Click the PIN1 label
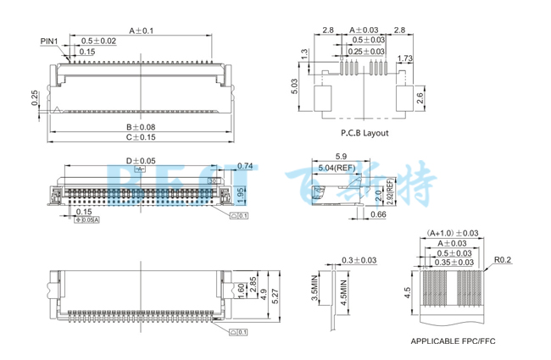pyautogui.click(x=50, y=41)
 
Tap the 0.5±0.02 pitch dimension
pyautogui.click(x=99, y=41)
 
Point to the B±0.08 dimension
pyautogui.click(x=141, y=126)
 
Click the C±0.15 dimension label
pyautogui.click(x=141, y=136)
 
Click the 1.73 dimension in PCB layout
pyautogui.click(x=404, y=58)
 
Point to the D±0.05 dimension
pyautogui.click(x=141, y=160)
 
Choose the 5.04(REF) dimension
pyautogui.click(x=337, y=169)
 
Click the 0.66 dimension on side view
pyautogui.click(x=354, y=215)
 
